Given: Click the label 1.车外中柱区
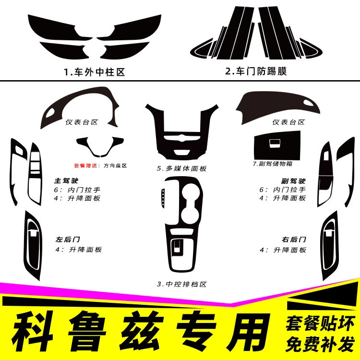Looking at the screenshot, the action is pos(95,72).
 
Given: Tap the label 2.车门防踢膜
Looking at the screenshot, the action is pos(256,71).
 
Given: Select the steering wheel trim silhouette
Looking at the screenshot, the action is pos(100,147).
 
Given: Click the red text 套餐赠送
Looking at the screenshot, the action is pos(85,166).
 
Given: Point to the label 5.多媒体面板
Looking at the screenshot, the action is pos(181,168).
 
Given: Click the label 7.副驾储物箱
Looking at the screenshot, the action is pos(273,164).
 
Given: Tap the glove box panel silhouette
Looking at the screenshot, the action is pos(277,145).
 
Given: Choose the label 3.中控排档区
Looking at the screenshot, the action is pos(181,284).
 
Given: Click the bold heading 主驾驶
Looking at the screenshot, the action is pos(66,180).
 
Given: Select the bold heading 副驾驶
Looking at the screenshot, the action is pos(293,181).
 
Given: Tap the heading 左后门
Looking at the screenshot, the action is pos(68,240).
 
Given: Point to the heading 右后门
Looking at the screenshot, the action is pos(294,240).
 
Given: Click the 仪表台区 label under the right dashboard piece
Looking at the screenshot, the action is pos(288,122).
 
